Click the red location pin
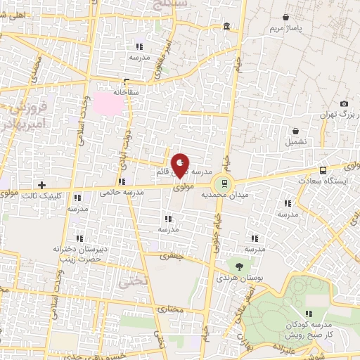click(x=180, y=166)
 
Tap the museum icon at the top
click(x=226, y=27)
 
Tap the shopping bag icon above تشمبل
click(x=296, y=131)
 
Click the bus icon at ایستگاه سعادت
click(x=323, y=170)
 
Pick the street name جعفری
click(x=173, y=256)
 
